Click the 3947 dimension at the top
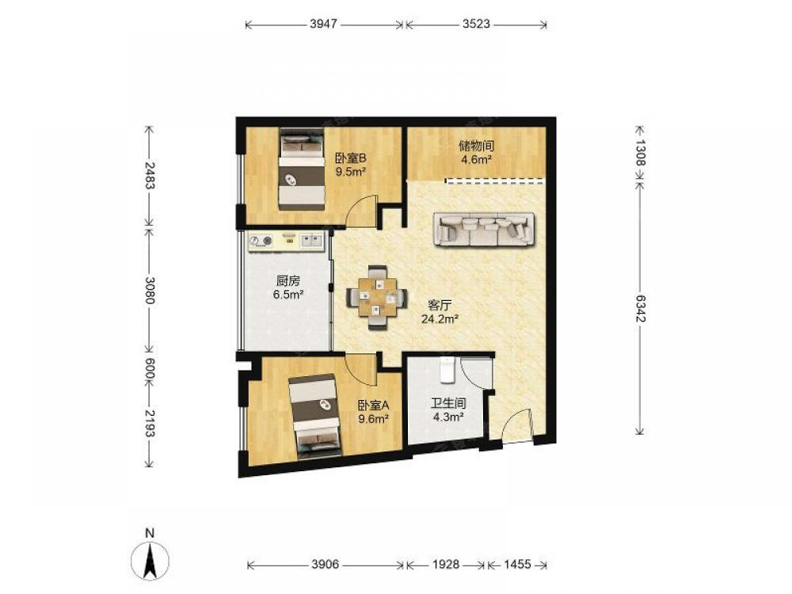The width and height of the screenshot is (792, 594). [x=323, y=24]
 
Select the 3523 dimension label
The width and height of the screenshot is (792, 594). [x=476, y=24]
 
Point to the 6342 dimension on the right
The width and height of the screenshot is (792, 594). [x=640, y=308]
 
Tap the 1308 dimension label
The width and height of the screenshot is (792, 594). [x=640, y=153]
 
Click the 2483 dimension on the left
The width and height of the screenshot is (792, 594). [x=149, y=175]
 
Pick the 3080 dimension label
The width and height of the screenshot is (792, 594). [x=149, y=290]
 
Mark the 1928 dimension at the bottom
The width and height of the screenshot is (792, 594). [x=446, y=564]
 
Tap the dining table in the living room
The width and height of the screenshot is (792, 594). [x=376, y=298]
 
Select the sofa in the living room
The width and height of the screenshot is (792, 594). [x=484, y=229]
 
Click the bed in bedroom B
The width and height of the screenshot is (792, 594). [x=302, y=169]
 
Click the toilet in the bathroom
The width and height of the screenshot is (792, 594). [x=447, y=370]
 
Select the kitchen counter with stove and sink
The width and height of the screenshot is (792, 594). [x=287, y=242]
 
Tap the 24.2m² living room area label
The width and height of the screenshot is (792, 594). [x=440, y=318]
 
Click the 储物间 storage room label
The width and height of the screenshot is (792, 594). [x=476, y=146]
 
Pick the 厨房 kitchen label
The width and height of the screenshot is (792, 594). [x=288, y=280]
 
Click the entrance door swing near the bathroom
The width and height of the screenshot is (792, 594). [x=516, y=425]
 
